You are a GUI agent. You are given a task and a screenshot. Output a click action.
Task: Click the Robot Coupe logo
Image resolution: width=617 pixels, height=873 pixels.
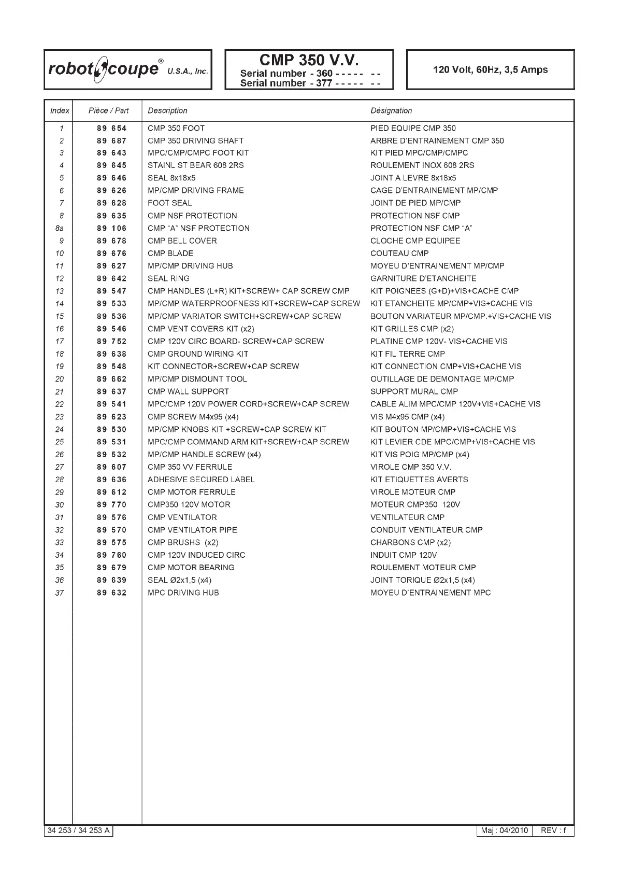[128, 69]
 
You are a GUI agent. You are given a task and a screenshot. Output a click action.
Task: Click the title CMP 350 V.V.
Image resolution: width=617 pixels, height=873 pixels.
[309, 60]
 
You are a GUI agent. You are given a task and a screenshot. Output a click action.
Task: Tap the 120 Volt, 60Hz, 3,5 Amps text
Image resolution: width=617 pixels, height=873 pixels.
[490, 69]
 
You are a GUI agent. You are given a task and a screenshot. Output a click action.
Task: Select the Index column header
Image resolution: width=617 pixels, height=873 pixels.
[60, 110]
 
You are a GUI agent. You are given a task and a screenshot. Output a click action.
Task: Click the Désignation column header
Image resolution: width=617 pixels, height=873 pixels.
[391, 110]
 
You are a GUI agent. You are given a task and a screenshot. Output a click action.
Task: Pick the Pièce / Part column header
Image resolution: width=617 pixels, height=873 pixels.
[109, 110]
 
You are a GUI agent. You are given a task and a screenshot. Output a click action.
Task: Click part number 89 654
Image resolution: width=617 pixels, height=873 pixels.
[111, 128]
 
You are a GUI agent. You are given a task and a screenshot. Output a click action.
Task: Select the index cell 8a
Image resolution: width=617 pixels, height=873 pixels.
[61, 228]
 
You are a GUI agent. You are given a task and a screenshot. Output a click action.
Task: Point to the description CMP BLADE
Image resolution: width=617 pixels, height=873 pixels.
[170, 254]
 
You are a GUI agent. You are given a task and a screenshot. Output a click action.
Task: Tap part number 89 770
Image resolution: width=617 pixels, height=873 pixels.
[111, 504]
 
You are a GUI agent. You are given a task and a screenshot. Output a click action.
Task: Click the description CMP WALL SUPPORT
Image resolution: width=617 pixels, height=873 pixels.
[188, 391]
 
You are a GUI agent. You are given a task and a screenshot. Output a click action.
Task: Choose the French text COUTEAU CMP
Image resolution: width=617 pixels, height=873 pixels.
[399, 254]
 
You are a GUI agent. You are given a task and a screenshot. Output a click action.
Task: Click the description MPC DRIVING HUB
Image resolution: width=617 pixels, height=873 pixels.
[183, 593]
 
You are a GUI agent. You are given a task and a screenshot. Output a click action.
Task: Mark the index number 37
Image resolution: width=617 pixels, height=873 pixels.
[60, 593]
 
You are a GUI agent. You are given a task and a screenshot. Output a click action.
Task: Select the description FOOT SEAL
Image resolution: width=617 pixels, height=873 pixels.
[170, 203]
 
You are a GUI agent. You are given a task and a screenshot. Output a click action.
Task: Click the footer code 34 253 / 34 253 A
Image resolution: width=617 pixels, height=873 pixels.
[79, 830]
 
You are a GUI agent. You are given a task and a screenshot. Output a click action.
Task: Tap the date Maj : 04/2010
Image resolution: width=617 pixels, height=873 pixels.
[504, 830]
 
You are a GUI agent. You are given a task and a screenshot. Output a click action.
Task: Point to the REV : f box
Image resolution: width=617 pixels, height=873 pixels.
[553, 830]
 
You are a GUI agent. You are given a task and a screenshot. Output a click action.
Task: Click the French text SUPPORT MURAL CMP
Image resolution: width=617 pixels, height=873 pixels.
[414, 391]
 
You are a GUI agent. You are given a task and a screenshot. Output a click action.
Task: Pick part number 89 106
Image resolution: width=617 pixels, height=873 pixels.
[111, 228]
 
